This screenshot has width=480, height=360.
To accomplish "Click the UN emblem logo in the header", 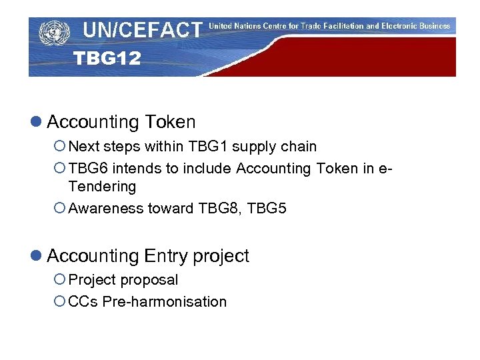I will click(54, 31).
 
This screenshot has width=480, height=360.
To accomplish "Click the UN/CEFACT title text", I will click(142, 30).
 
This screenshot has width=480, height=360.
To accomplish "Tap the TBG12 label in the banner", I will click(107, 59).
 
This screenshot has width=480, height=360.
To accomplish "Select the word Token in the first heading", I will click(170, 122).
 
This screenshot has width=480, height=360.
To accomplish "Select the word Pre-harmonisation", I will click(164, 301).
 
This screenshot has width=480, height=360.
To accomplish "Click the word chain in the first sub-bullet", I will click(299, 146).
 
